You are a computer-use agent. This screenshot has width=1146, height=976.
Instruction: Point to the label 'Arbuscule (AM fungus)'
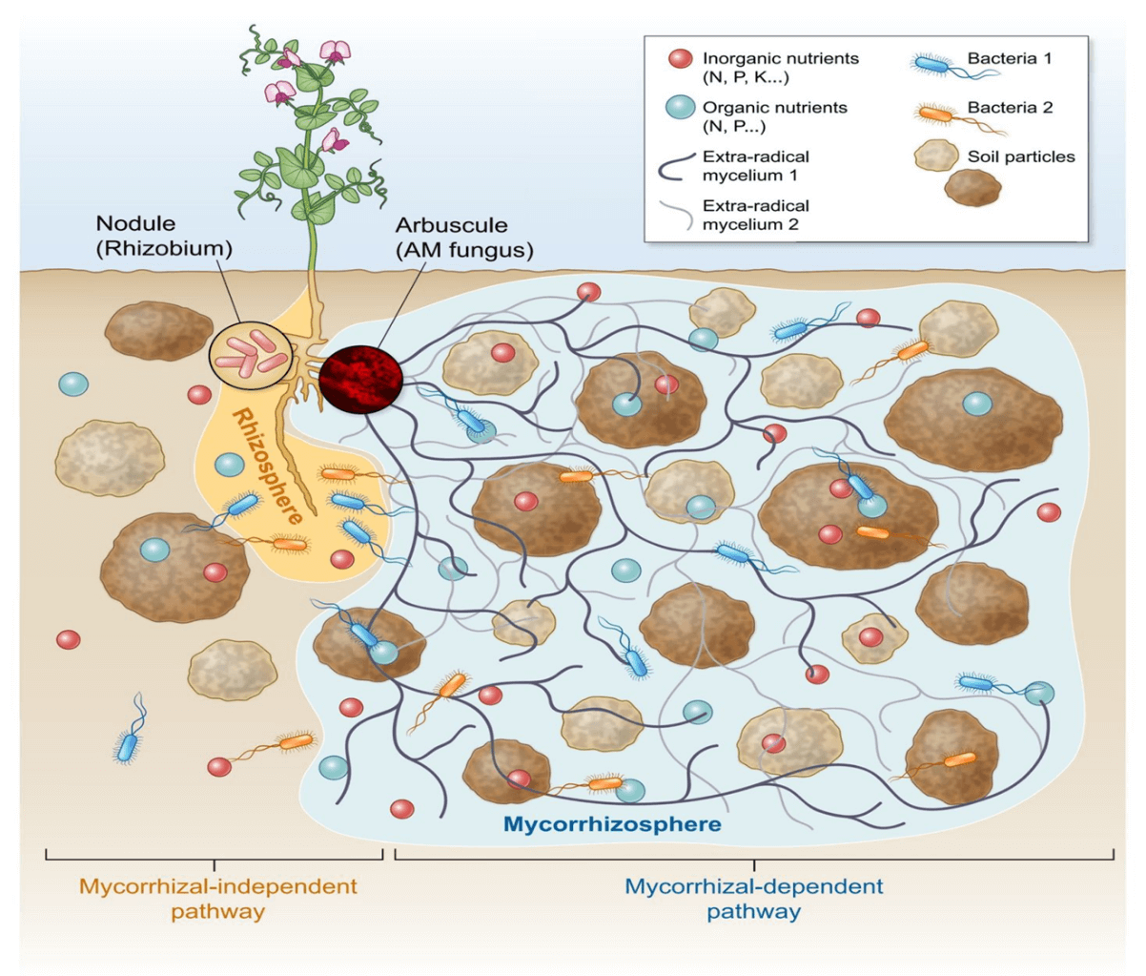coord(463,239)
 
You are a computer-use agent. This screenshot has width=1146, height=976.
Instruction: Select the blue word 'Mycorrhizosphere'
coord(612,823)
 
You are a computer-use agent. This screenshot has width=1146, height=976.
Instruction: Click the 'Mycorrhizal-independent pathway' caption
coord(218,898)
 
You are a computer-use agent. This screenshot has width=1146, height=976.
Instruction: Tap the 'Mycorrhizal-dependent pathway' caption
coord(753,898)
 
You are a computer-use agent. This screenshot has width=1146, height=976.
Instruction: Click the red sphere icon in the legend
coord(680,59)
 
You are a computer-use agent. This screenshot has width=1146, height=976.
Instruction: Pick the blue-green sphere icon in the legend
coord(680,109)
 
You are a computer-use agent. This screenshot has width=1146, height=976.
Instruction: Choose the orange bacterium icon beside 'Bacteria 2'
coord(936,114)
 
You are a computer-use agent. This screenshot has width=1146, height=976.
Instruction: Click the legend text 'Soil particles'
coord(1020,156)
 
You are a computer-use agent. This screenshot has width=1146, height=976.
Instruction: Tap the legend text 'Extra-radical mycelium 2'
coord(755,215)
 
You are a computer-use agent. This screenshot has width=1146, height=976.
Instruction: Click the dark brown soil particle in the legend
coord(972,188)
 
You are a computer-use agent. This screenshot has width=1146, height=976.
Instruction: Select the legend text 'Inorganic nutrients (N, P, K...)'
coord(780,68)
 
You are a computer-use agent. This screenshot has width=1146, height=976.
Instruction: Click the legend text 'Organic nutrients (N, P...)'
coord(774,116)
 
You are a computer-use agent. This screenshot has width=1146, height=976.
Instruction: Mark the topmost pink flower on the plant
coord(335,52)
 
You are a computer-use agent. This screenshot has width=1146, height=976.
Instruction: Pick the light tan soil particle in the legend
coord(937,156)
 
